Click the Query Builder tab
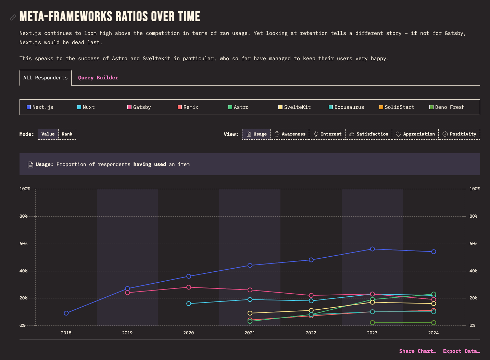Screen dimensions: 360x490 pos(98,78)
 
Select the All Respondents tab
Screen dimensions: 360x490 pos(46,78)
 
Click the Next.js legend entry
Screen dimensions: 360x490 pos(40,107)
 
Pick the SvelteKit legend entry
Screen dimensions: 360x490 pos(294,107)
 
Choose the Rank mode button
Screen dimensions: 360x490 pos(67,134)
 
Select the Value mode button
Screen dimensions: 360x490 pos(48,134)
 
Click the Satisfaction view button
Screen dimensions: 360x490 pos(369,134)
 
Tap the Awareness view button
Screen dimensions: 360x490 pos(290,134)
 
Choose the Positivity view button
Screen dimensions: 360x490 pos(459,134)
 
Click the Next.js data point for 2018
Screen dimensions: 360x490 pos(66,313)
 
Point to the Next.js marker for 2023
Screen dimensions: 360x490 pos(372,249)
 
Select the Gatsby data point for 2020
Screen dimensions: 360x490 pos(189,287)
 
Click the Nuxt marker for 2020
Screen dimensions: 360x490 pos(189,304)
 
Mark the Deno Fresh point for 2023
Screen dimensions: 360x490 pos(372,323)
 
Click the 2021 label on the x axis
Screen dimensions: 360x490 pos(250,333)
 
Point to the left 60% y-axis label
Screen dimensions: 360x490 pos(23,244)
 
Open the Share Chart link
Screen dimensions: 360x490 pos(417,351)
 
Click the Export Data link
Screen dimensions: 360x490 pos(461,351)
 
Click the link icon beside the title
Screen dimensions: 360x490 pos(13,17)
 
